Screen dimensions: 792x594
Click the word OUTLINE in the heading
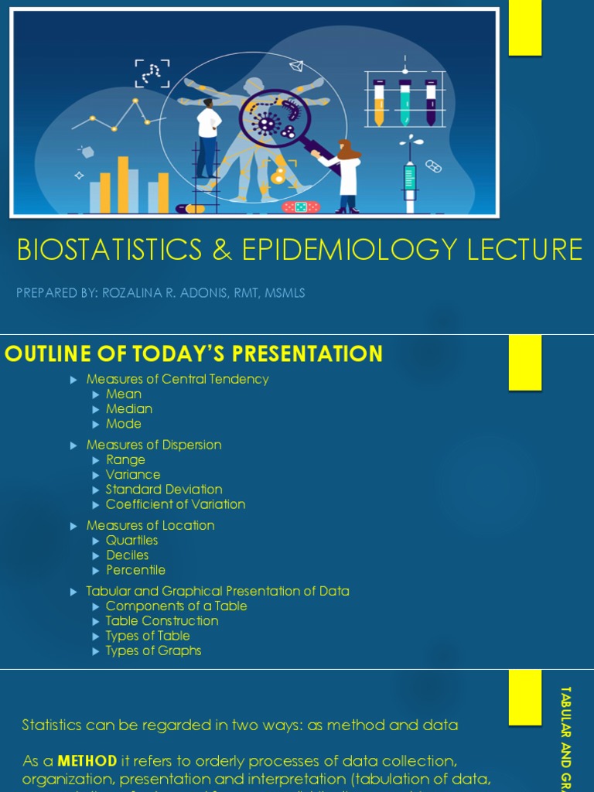pyautogui.click(x=49, y=354)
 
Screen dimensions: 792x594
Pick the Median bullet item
pyautogui.click(x=129, y=409)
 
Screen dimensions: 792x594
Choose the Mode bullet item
pyautogui.click(x=124, y=424)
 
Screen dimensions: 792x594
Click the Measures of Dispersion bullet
pyautogui.click(x=154, y=445)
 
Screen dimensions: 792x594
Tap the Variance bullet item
pyautogui.click(x=133, y=475)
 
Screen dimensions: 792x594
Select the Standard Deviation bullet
pyautogui.click(x=164, y=490)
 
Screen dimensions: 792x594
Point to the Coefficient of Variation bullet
pyautogui.click(x=176, y=504)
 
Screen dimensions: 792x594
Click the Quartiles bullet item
pyautogui.click(x=131, y=541)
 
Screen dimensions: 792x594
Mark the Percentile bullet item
pyautogui.click(x=135, y=570)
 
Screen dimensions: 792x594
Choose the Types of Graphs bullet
pyautogui.click(x=153, y=650)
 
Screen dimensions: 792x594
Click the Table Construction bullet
pyautogui.click(x=162, y=621)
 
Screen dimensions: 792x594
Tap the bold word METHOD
pyautogui.click(x=87, y=761)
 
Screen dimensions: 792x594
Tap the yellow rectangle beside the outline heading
pyautogui.click(x=525, y=362)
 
